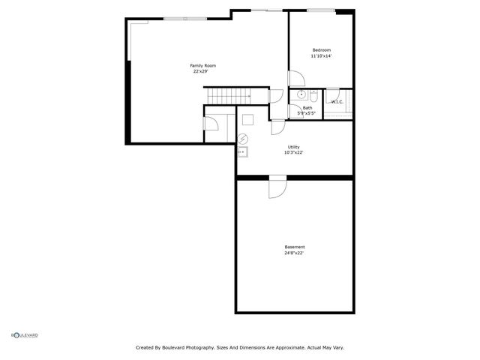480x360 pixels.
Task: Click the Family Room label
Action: [202, 66]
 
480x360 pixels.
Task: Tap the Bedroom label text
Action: [322, 50]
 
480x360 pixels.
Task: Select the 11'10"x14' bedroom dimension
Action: [322, 56]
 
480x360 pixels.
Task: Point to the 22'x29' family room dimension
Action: [200, 72]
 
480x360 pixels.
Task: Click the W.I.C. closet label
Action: [337, 102]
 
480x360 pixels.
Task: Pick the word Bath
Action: [307, 108]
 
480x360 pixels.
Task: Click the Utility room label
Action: [294, 147]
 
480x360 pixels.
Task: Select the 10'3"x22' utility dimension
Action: [293, 152]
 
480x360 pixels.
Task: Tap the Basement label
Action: [295, 247]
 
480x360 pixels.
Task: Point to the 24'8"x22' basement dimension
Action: [294, 253]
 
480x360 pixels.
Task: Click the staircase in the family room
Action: [229, 96]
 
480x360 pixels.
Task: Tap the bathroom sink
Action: [301, 95]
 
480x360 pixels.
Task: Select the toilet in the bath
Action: [313, 97]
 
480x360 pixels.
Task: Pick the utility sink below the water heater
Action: [242, 152]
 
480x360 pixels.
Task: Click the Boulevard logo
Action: [25, 334]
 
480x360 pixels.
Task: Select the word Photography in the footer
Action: [214, 348]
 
